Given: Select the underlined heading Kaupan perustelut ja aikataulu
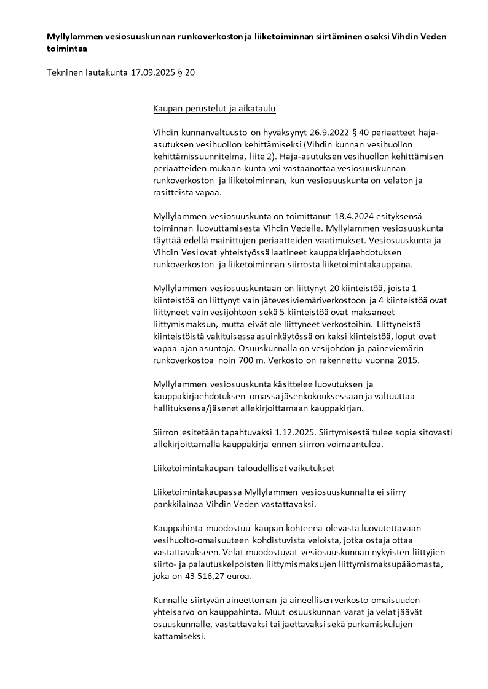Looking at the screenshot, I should point(214,109).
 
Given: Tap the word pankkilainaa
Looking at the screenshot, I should point(184,504).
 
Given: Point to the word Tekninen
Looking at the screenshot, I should point(65,72).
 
